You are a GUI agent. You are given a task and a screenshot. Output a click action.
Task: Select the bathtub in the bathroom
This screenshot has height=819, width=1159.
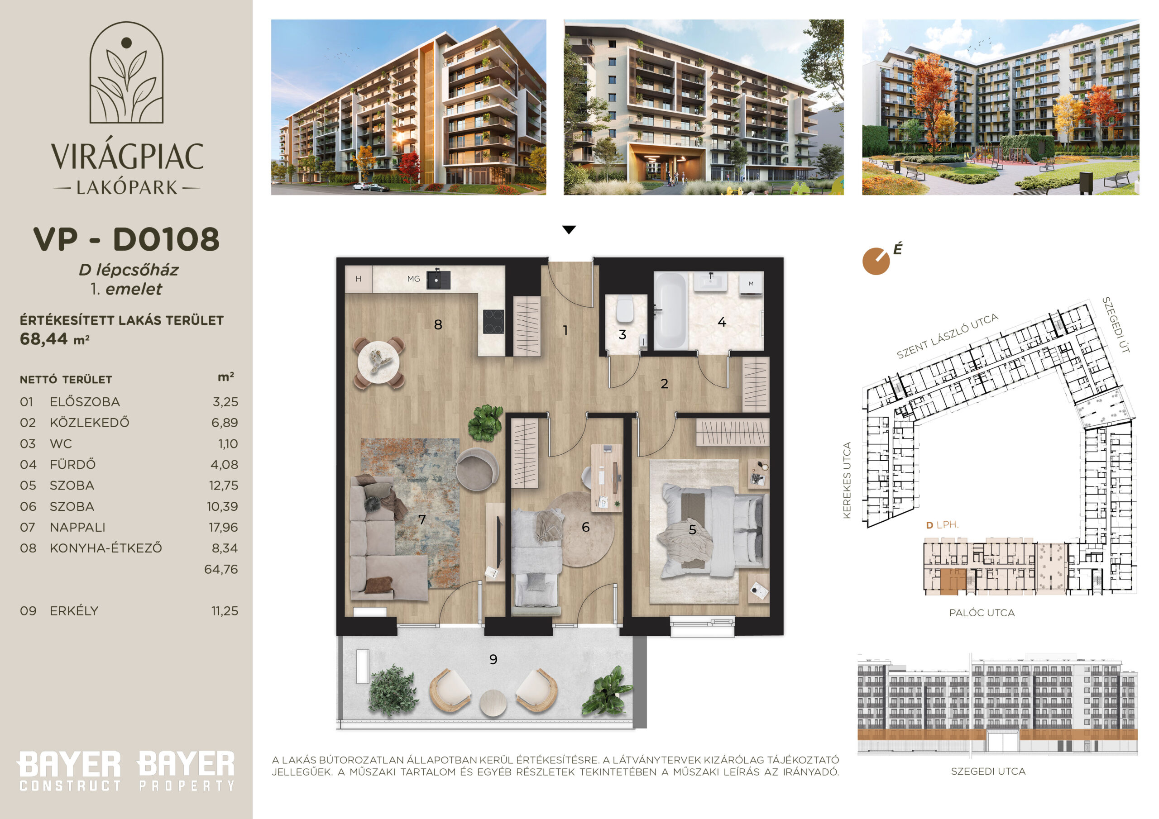point(670,311)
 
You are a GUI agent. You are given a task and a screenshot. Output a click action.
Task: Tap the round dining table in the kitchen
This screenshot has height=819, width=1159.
point(378,362)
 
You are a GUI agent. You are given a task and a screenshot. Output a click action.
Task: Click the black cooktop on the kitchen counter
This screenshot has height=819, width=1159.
point(493,321)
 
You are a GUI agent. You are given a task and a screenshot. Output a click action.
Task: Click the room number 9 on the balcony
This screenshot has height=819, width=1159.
point(493,659)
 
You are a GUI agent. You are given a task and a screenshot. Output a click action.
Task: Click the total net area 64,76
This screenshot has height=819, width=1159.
point(220,569)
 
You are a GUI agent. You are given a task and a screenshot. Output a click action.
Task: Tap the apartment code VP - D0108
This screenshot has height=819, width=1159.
point(126,239)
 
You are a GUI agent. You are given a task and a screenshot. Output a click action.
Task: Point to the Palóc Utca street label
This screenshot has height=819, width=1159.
point(982,613)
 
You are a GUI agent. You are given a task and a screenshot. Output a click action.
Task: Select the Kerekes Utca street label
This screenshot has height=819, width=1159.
point(847,480)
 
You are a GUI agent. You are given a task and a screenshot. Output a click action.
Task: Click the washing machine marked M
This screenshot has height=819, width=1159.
point(751,284)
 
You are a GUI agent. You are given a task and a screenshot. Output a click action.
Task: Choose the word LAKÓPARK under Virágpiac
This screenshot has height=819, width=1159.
point(127,188)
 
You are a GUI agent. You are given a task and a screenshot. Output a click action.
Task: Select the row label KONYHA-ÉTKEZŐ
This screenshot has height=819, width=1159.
point(106,548)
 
